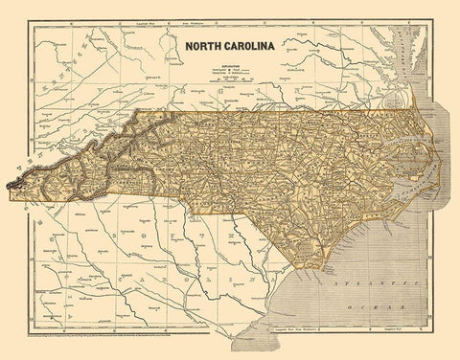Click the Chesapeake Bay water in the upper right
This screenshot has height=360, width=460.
pyautogui.click(x=397, y=57)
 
